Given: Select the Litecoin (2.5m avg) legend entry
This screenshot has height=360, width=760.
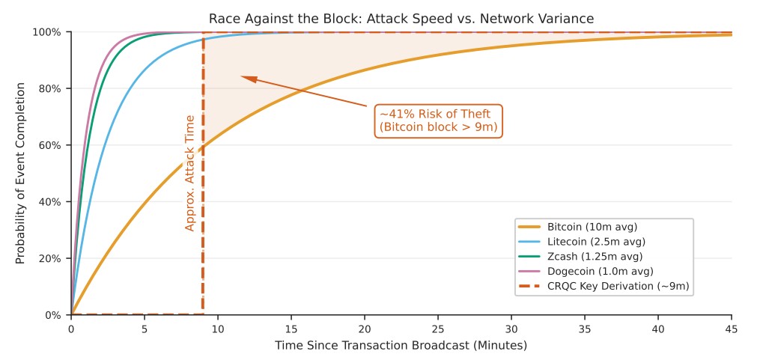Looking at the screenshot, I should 595,242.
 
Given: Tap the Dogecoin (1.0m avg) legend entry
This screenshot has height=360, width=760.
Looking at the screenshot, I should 600,271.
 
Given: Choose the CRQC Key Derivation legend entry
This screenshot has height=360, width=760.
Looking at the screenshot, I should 618,286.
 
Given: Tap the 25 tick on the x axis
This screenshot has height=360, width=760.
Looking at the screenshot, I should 438,329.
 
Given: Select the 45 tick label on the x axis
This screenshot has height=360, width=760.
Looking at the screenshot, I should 732,329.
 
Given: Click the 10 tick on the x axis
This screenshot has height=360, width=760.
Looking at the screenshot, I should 218,329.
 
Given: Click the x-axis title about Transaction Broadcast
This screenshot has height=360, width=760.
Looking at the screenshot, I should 401,346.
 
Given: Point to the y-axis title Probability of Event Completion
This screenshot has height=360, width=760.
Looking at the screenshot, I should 20,173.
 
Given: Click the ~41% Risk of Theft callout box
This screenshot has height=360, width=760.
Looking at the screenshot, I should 437,121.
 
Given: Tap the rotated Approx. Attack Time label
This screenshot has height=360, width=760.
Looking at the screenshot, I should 189,173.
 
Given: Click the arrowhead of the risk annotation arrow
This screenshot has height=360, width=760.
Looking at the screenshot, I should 245,77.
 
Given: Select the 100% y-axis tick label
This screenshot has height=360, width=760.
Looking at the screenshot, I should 47,32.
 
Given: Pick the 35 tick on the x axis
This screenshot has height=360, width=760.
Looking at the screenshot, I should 585,329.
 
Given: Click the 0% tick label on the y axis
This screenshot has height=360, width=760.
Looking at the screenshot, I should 53,315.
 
